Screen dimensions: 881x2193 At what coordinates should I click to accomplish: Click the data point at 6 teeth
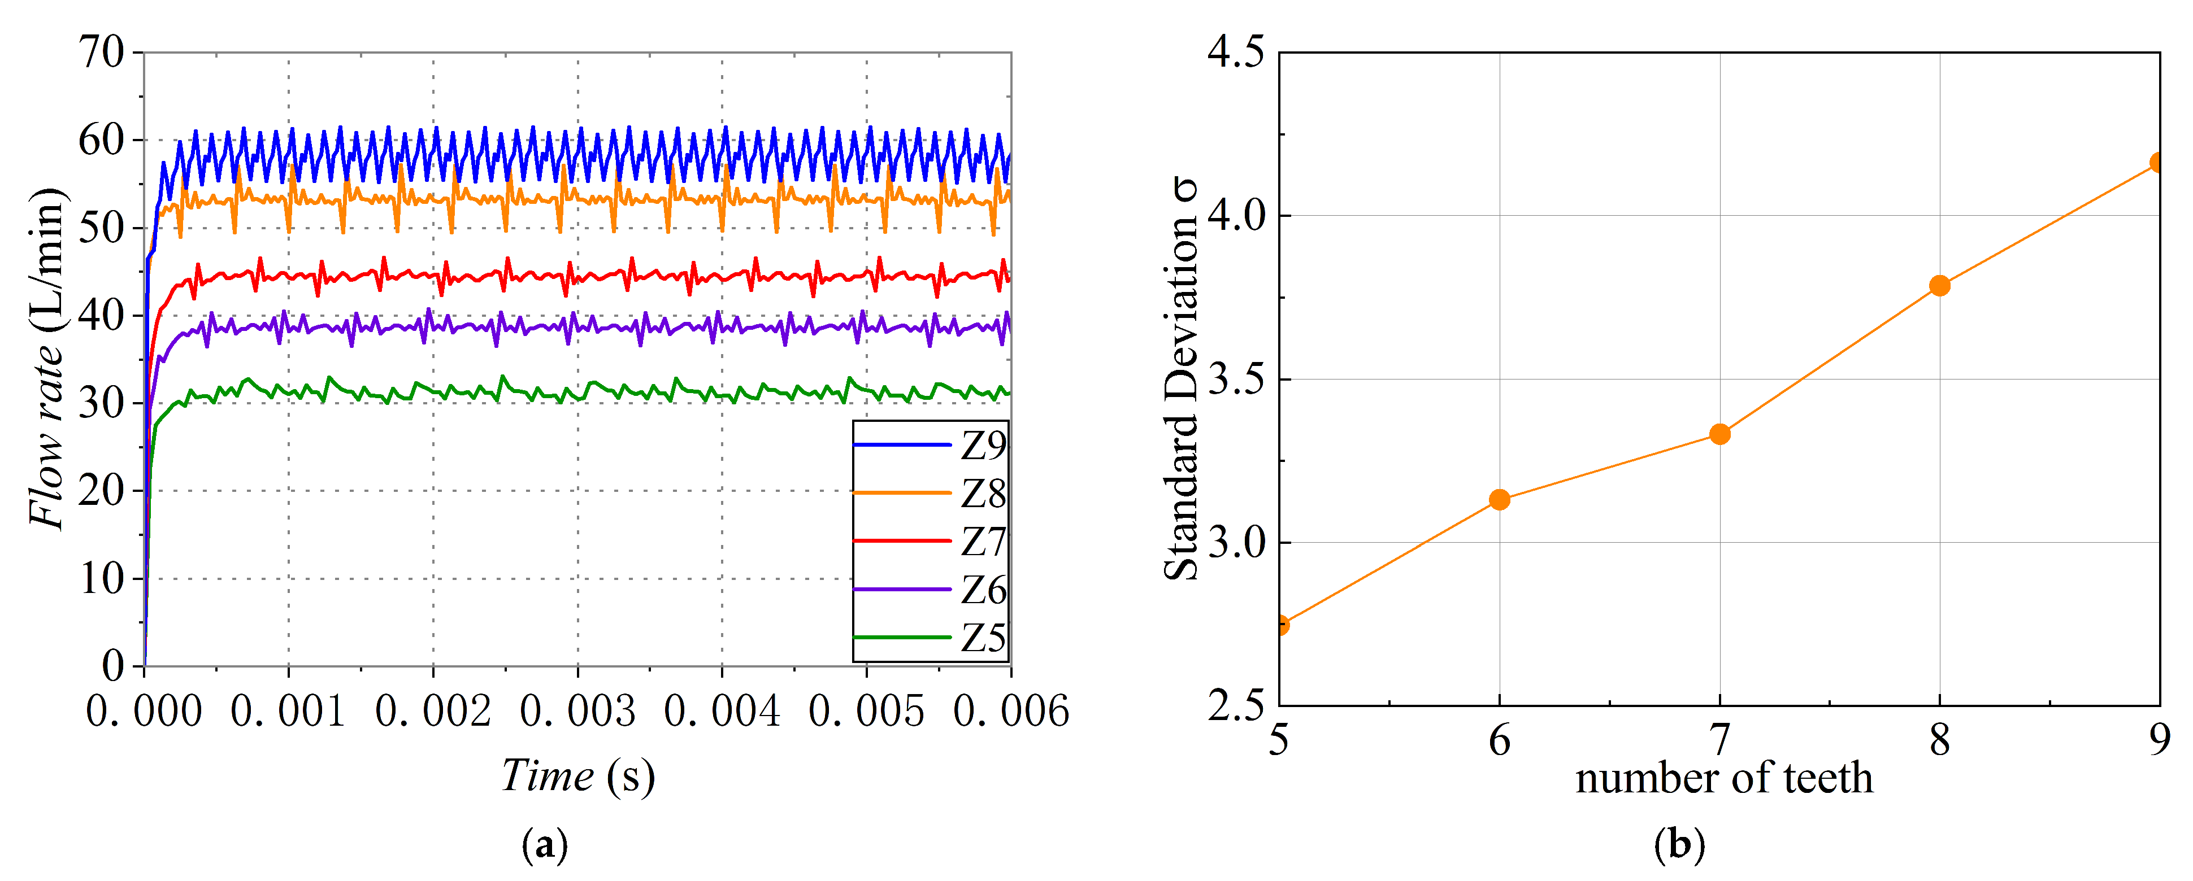point(1499,500)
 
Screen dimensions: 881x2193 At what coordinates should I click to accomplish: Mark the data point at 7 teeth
point(1719,434)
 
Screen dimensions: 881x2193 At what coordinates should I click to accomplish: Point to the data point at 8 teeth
point(1939,285)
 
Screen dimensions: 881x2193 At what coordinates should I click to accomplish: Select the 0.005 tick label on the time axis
point(867,712)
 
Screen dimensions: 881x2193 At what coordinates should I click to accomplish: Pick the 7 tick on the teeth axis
point(1719,739)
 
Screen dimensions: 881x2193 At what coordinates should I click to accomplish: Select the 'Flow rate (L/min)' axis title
point(47,357)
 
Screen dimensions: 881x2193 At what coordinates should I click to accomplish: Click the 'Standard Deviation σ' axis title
point(1181,379)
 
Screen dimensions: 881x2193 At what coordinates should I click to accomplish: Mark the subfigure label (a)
point(544,845)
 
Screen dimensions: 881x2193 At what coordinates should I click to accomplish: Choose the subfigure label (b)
point(1679,845)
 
